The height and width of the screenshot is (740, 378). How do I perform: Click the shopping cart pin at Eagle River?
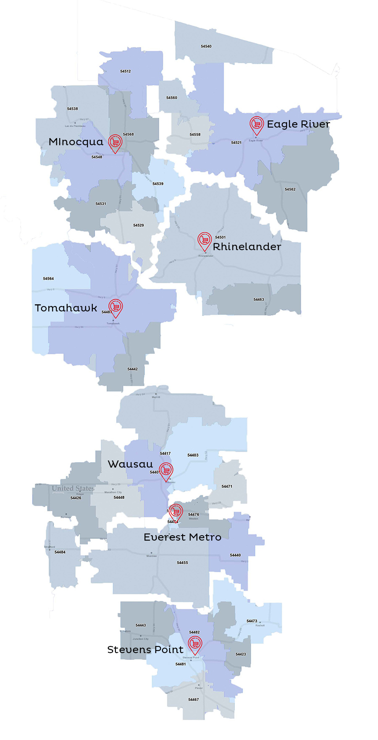[256, 124]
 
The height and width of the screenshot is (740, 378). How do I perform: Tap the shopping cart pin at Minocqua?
[115, 142]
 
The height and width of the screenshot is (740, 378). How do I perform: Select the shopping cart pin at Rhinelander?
[204, 240]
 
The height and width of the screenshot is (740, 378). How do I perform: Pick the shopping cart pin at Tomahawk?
[115, 307]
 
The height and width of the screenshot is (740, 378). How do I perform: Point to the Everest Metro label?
[182, 537]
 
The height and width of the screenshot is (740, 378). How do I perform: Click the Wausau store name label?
[130, 464]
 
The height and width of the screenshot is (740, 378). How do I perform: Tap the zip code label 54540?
[206, 47]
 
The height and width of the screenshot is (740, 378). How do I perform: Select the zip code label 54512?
[126, 71]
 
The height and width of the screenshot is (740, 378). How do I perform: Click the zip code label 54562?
[290, 189]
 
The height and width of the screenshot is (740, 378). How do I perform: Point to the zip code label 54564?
[48, 279]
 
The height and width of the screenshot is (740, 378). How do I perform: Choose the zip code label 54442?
[133, 369]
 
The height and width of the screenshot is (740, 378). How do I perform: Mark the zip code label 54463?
[259, 300]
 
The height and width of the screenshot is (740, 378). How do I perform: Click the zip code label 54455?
[183, 563]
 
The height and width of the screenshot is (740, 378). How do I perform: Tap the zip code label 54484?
[60, 552]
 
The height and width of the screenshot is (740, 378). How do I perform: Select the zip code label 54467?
[194, 700]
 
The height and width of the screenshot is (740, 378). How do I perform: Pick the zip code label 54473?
[252, 621]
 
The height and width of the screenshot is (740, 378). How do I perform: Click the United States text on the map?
[73, 489]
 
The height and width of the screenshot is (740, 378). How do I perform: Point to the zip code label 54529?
[139, 225]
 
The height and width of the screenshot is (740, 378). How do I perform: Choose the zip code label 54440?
[236, 555]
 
